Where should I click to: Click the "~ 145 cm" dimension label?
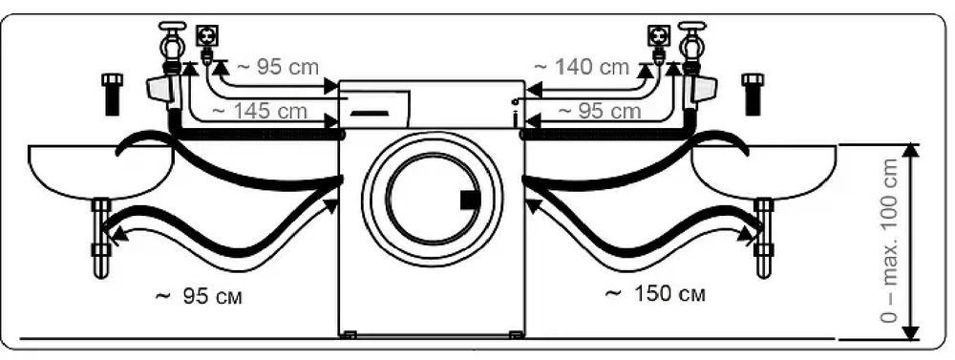coord(260,111)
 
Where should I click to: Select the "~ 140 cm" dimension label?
coord(581,67)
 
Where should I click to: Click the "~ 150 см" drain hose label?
coord(655,293)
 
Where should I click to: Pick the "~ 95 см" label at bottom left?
coord(199,295)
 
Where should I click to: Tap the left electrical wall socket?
coord(203,35)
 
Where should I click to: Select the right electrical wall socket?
coord(658,35)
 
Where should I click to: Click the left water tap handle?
coord(172,27)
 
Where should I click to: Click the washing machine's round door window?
coord(432,199)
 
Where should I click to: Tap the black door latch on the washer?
coord(469,200)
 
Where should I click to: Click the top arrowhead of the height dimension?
coord(911,151)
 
